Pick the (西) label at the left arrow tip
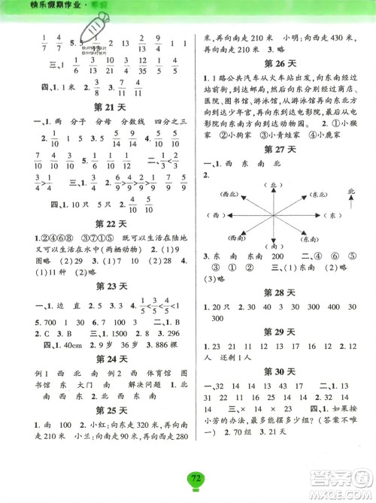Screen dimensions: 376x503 click(221, 216)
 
